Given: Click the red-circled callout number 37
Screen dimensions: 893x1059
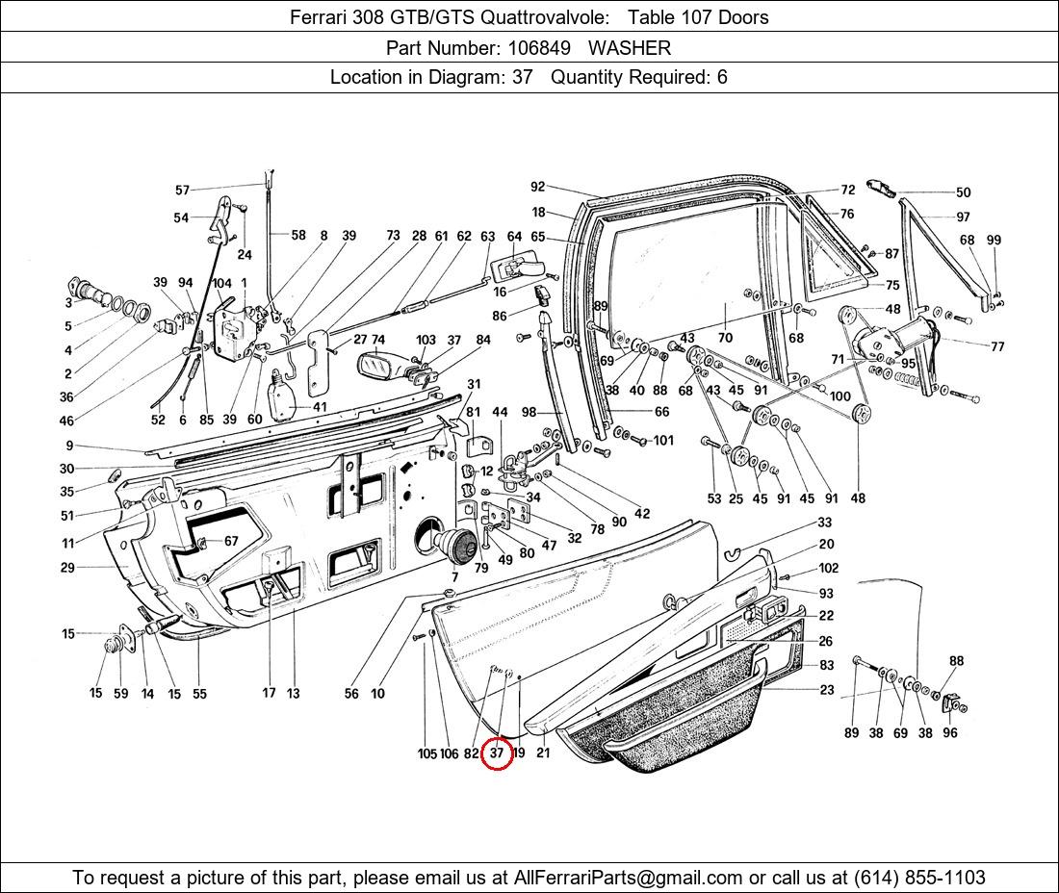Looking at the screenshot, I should [x=497, y=753].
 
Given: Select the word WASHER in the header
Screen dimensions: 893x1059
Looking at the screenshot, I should [x=630, y=48].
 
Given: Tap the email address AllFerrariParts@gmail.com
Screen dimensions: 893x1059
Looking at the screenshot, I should [x=629, y=878].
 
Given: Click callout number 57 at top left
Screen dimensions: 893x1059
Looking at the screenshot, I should [x=182, y=191].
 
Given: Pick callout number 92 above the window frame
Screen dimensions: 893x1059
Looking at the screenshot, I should [x=537, y=188].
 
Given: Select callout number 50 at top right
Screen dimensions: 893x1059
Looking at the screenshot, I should [x=963, y=192].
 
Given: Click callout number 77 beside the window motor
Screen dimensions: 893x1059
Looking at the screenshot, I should [x=996, y=346].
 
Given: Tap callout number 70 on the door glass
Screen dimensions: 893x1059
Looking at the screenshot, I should [x=725, y=338].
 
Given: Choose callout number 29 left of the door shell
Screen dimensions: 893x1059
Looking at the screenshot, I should [x=67, y=568].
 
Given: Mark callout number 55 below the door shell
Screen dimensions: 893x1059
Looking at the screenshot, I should [x=199, y=693].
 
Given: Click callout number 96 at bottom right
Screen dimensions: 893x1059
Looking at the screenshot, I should [x=950, y=732].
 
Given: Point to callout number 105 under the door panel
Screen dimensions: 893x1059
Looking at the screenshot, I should [x=426, y=753].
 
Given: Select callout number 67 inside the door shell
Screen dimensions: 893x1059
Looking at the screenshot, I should [x=231, y=541].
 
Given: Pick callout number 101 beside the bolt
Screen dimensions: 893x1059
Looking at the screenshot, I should [x=664, y=441].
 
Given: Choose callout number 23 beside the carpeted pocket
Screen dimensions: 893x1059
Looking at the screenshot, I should [x=827, y=690].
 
